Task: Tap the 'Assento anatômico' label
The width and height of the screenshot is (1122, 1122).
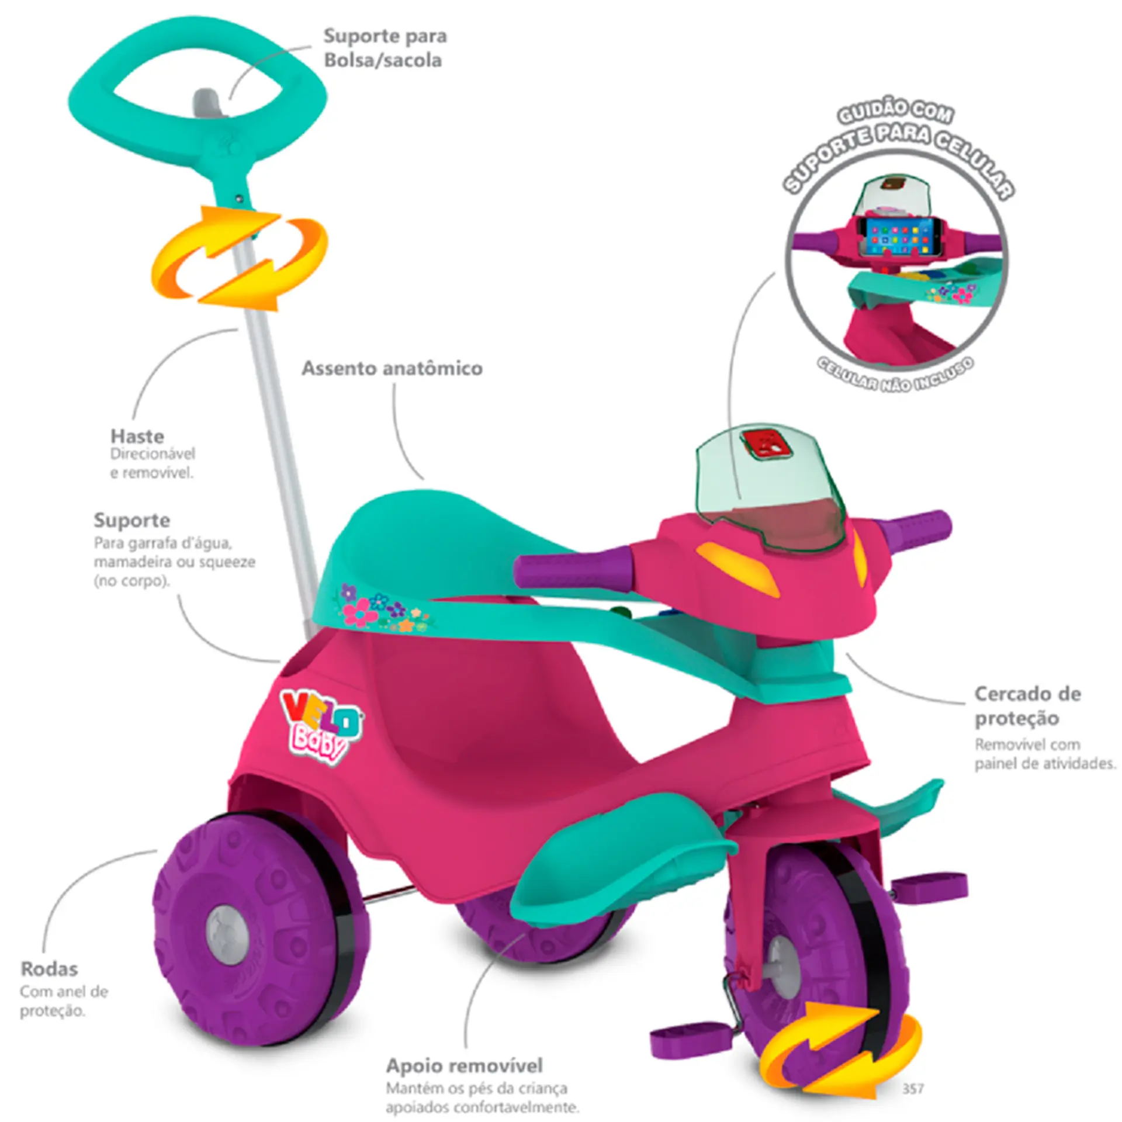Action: tap(392, 369)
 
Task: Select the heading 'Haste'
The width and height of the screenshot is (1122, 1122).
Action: tap(137, 436)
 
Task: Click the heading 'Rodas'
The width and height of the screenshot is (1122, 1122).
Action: tap(49, 969)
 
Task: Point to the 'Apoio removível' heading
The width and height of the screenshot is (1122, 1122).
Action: tap(465, 1065)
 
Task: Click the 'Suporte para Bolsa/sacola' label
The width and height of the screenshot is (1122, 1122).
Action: tap(385, 48)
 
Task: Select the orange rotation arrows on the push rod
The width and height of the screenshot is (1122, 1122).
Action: tap(240, 257)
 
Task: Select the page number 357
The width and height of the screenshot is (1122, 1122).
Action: tap(913, 1088)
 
